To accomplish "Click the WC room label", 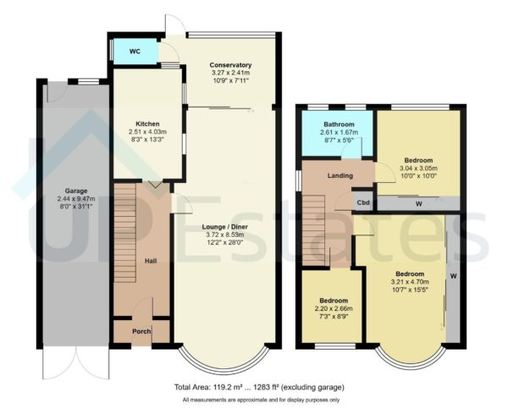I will pyautogui.click(x=135, y=52).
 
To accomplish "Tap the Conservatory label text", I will pyautogui.click(x=231, y=64).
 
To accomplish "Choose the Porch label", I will pyautogui.click(x=141, y=331).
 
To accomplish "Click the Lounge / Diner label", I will pyautogui.click(x=230, y=226).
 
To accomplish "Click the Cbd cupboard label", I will pyautogui.click(x=363, y=202).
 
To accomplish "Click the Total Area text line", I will pyautogui.click(x=259, y=387).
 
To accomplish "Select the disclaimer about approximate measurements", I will pyautogui.click(x=259, y=399).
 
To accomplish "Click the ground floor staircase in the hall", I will pyautogui.click(x=124, y=224).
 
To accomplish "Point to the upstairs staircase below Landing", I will pyautogui.click(x=315, y=229).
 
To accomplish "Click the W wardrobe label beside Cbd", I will pyautogui.click(x=417, y=202).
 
